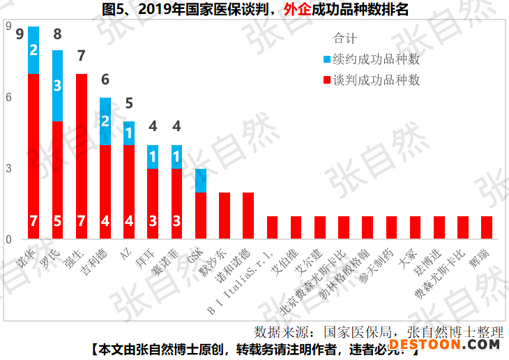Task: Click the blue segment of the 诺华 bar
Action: point(33,50)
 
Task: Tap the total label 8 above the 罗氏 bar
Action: point(57,34)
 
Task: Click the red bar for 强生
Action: point(81,157)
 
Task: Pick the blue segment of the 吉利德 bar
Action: point(105,121)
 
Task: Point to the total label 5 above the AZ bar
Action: point(129,104)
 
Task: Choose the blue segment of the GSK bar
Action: point(201,181)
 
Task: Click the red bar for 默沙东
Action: point(225,216)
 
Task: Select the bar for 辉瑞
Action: point(487,228)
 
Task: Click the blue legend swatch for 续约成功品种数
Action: point(328,60)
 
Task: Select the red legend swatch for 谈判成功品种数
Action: point(328,80)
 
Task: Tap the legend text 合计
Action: point(345,39)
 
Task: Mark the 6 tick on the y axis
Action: point(8,98)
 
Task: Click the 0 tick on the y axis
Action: point(8,240)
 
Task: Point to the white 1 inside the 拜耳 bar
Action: point(153,157)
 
